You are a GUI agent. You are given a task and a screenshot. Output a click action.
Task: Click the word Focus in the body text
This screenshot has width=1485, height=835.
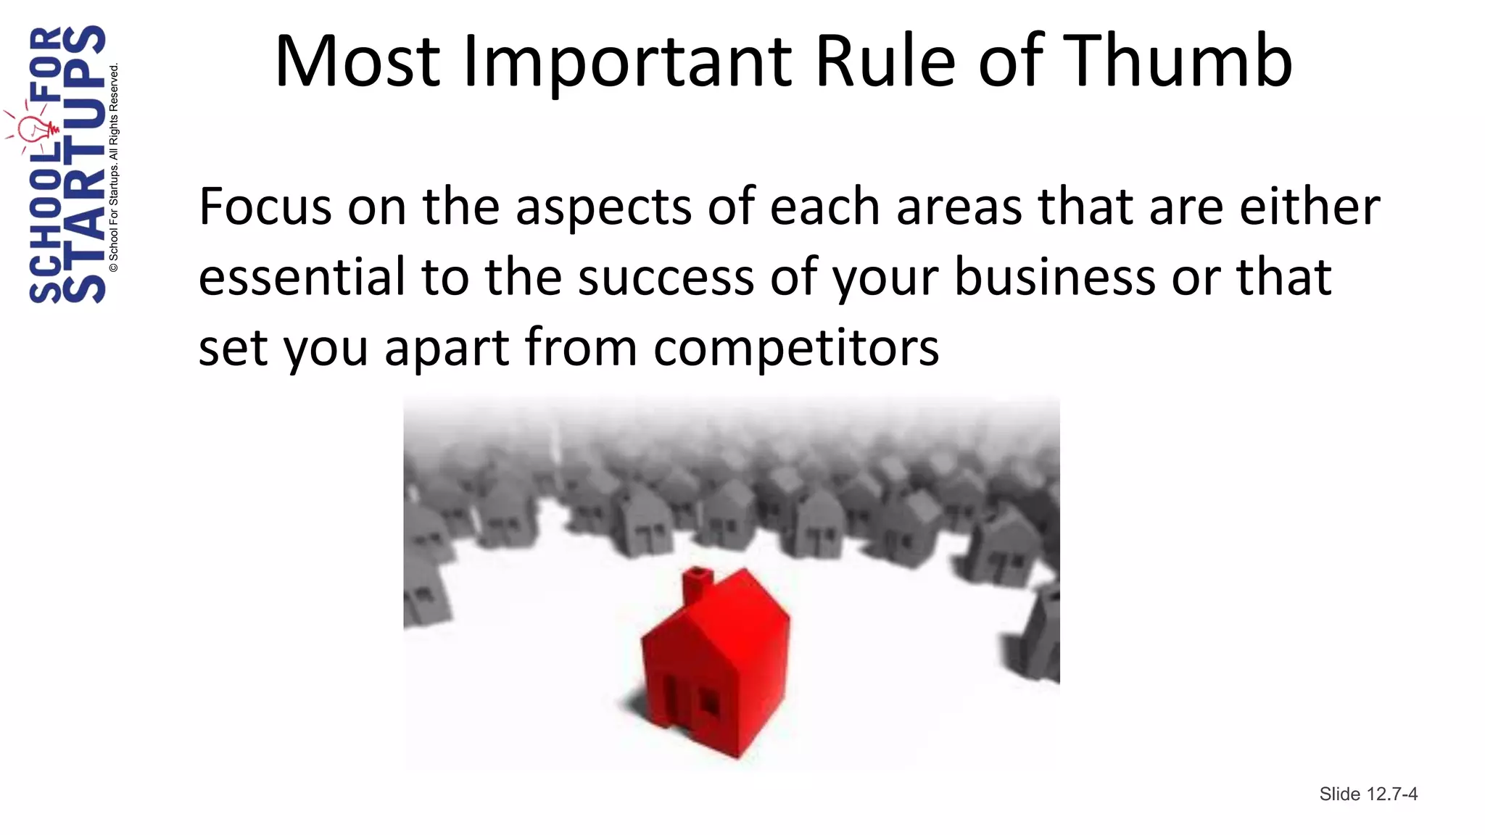pos(265,207)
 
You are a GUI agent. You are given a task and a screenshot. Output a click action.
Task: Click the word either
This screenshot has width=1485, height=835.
pos(1310,207)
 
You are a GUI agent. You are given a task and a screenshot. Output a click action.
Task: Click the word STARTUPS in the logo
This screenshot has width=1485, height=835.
pos(84,165)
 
